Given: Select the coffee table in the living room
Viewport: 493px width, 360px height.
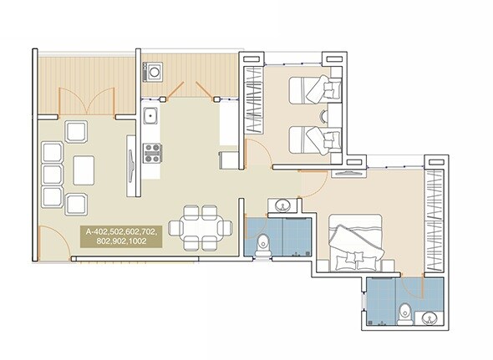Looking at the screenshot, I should point(84,170).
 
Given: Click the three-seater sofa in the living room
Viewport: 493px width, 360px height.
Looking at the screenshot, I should point(52,174).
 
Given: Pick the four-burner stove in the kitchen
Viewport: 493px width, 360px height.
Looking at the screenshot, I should point(153,152).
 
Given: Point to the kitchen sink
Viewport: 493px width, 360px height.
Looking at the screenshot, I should point(151,116).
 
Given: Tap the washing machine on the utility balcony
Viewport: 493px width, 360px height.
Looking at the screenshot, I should point(154,74).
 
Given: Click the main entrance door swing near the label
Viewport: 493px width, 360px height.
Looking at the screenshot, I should point(50,242).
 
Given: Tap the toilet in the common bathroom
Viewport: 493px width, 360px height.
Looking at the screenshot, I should point(264,245).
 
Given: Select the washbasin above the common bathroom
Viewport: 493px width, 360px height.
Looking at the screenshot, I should point(282,205).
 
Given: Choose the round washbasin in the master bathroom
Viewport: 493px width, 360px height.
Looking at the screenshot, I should point(429,317).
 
